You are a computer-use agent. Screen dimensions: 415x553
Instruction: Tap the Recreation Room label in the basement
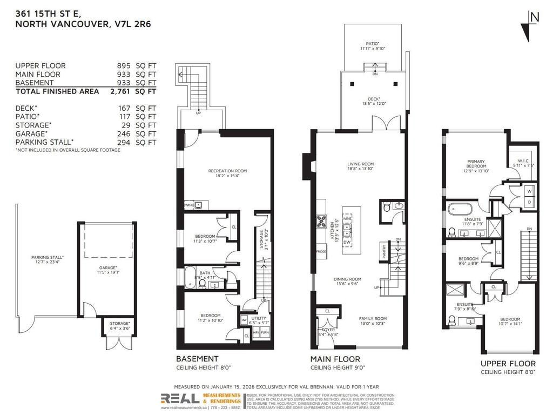pyautogui.click(x=227, y=171)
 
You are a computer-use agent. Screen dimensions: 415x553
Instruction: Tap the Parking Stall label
pyautogui.click(x=48, y=257)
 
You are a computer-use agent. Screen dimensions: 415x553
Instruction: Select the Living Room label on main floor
pyautogui.click(x=360, y=164)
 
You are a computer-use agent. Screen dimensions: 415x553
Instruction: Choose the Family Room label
pyautogui.click(x=373, y=319)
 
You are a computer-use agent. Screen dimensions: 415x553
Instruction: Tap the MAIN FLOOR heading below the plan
pyautogui.click(x=335, y=359)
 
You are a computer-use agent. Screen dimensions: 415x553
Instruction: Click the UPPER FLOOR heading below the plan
pyautogui.click(x=508, y=364)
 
